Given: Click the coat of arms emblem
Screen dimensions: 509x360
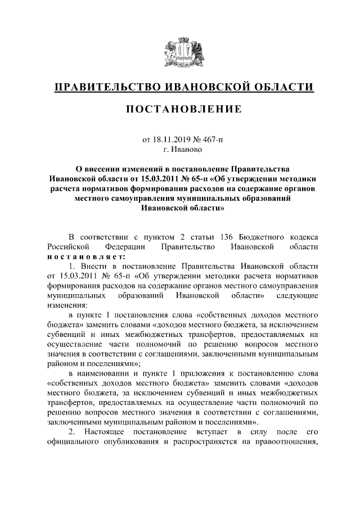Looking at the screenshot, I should (x=179, y=49).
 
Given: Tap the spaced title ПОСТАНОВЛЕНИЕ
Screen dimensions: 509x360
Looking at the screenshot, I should (x=180, y=108).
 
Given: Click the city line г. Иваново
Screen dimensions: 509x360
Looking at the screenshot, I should (x=180, y=149).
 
